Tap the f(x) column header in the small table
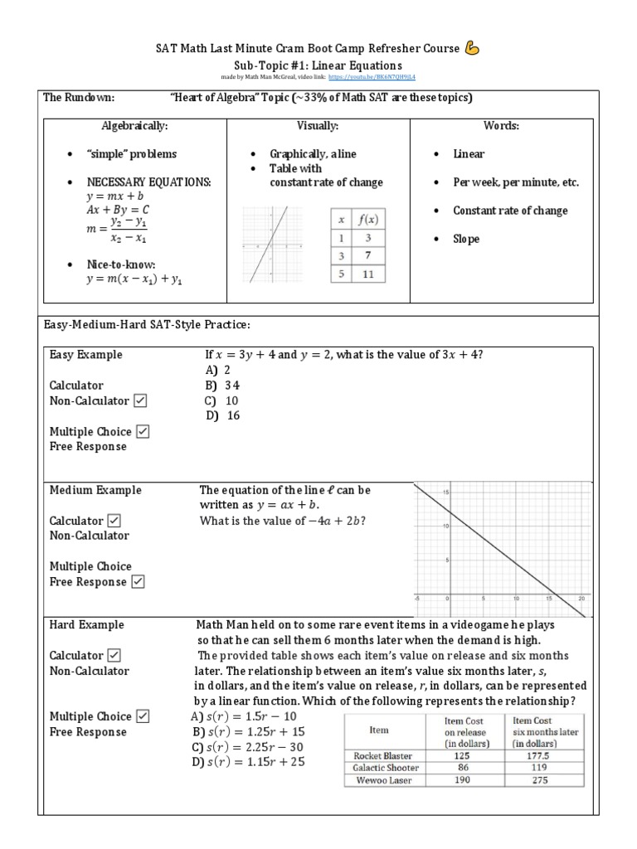[x=367, y=219]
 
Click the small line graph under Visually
[x=270, y=246]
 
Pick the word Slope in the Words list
[x=466, y=239]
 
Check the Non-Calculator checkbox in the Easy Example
[x=139, y=401]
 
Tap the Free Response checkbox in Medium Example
[x=138, y=582]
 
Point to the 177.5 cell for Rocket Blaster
[x=545, y=756]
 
